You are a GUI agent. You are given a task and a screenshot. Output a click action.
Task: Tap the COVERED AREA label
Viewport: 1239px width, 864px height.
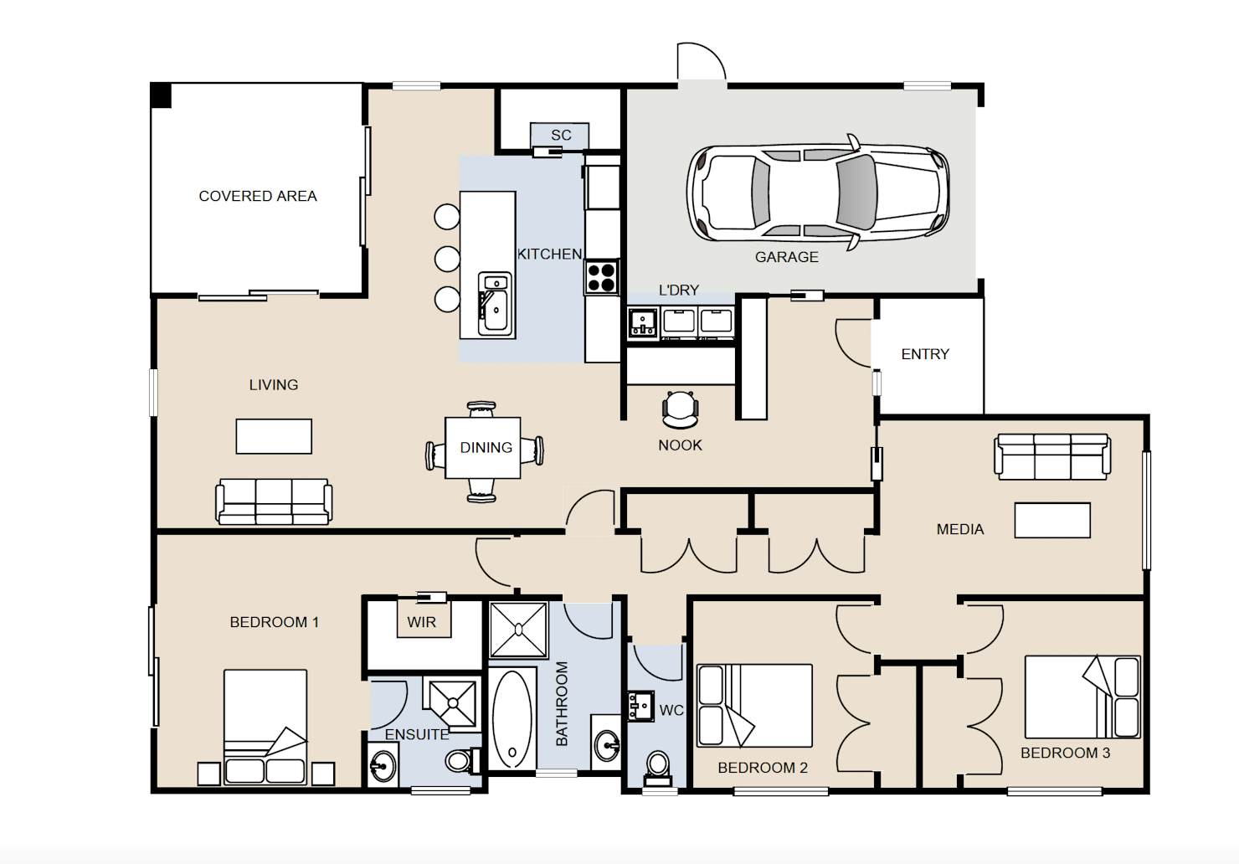click(x=258, y=196)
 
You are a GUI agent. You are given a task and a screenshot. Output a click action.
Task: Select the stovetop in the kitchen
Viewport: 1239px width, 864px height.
click(x=602, y=277)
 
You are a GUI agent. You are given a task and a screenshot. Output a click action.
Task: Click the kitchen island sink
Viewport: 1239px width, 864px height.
click(x=495, y=304)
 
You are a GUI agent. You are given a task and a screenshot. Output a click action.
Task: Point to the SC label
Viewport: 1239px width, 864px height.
click(x=561, y=135)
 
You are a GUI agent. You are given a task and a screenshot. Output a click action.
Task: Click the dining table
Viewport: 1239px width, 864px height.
click(x=482, y=447)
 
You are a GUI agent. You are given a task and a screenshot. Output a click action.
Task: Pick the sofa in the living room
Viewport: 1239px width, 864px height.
click(x=274, y=501)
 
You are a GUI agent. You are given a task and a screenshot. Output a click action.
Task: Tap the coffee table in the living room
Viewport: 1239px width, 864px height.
click(x=274, y=436)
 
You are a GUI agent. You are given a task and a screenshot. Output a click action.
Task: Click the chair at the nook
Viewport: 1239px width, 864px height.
click(x=681, y=409)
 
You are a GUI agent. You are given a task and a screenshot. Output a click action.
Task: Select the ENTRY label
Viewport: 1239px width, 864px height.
click(x=925, y=354)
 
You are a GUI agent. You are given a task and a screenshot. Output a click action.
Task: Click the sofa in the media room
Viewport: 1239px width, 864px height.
click(x=1052, y=456)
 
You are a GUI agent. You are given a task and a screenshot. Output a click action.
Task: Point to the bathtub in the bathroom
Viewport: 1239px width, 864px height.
click(x=512, y=719)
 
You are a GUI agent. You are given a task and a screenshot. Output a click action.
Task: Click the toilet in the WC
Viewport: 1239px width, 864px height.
click(x=658, y=769)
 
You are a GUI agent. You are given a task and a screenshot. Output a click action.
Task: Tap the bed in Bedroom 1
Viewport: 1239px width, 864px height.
click(x=265, y=727)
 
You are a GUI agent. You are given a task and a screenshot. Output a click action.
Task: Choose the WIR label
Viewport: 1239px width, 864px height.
click(x=421, y=622)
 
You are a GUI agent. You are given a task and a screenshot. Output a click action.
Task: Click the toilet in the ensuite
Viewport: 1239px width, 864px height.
click(x=463, y=760)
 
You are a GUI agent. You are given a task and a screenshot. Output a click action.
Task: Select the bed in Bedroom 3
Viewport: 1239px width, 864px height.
click(x=1082, y=697)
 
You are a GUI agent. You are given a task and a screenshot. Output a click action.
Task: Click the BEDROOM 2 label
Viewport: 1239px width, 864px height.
click(x=762, y=768)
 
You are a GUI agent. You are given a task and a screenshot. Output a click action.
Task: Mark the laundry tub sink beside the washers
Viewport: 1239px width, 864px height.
click(x=643, y=322)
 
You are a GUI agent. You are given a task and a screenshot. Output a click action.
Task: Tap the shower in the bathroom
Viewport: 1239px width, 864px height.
click(x=518, y=630)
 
